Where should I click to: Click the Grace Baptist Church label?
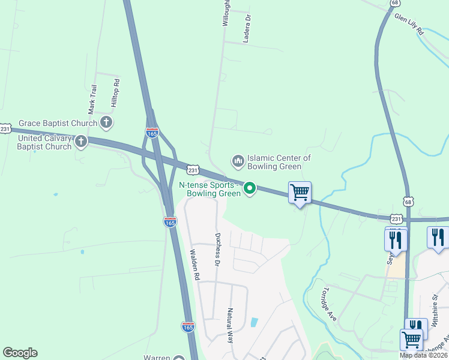click(x=58, y=124)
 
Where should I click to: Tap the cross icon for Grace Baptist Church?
click(x=106, y=123)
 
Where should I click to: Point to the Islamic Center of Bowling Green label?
click(x=279, y=162)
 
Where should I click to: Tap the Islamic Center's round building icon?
click(x=238, y=160)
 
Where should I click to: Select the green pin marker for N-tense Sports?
click(x=249, y=189)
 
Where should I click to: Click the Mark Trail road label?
click(x=92, y=100)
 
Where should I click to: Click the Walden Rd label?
click(x=194, y=265)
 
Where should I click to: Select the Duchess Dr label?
click(x=218, y=250)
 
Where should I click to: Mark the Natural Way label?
click(x=229, y=325)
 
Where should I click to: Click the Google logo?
click(x=20, y=353)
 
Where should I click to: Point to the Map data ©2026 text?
click(x=423, y=355)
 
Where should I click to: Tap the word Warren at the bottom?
click(x=157, y=358)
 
